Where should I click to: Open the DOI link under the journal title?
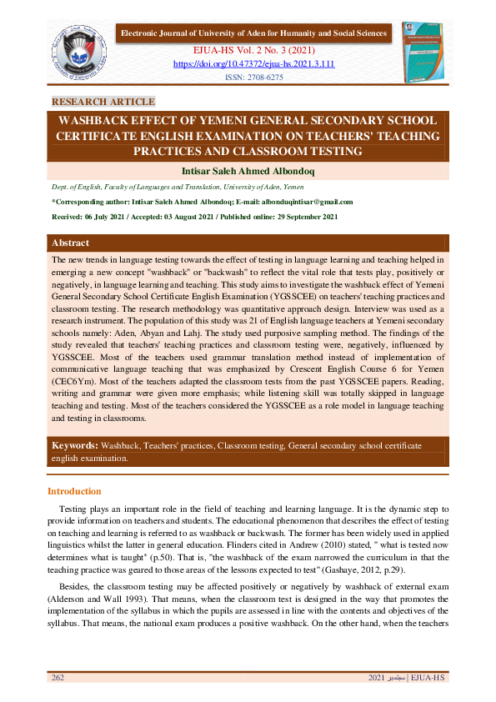(253, 63)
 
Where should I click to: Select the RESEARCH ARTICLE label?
(103, 102)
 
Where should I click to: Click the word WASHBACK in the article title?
(95, 120)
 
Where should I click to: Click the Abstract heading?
(71, 243)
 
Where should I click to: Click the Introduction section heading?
(74, 491)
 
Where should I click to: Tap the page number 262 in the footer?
(58, 678)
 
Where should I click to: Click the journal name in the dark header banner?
(254, 33)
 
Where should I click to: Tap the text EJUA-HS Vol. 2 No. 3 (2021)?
(253, 50)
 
